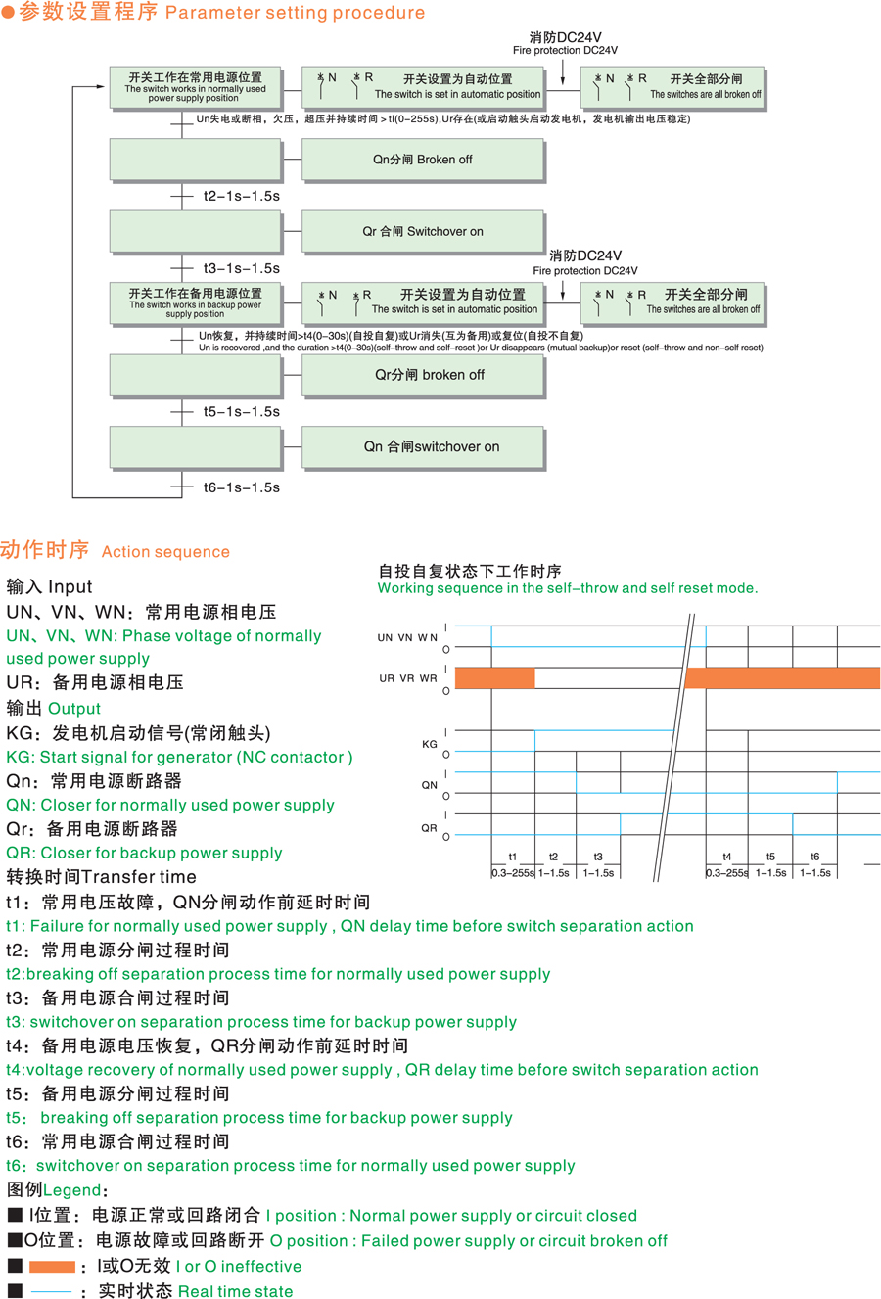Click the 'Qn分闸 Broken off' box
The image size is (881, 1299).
point(422,160)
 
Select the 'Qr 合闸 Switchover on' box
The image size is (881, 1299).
point(422,232)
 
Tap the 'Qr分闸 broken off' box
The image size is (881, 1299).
point(422,375)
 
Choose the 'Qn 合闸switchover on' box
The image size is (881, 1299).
point(422,447)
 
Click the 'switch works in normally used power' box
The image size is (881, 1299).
point(195,87)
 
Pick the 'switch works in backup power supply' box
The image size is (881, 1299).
point(195,302)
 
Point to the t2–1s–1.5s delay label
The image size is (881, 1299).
point(241,196)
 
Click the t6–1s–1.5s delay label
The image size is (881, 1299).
point(241,487)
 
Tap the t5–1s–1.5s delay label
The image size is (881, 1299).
point(241,412)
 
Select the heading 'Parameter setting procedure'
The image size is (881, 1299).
point(295,13)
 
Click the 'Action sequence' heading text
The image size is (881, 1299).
point(165,552)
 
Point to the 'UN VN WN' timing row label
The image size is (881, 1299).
point(407,638)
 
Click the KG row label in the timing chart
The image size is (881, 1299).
point(429,744)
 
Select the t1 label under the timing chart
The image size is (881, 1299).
point(512,857)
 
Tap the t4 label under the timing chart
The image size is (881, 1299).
point(726,857)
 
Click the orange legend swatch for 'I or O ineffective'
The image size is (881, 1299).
point(52,1267)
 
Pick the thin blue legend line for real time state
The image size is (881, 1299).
point(52,1292)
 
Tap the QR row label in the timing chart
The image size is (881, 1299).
point(429,828)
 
